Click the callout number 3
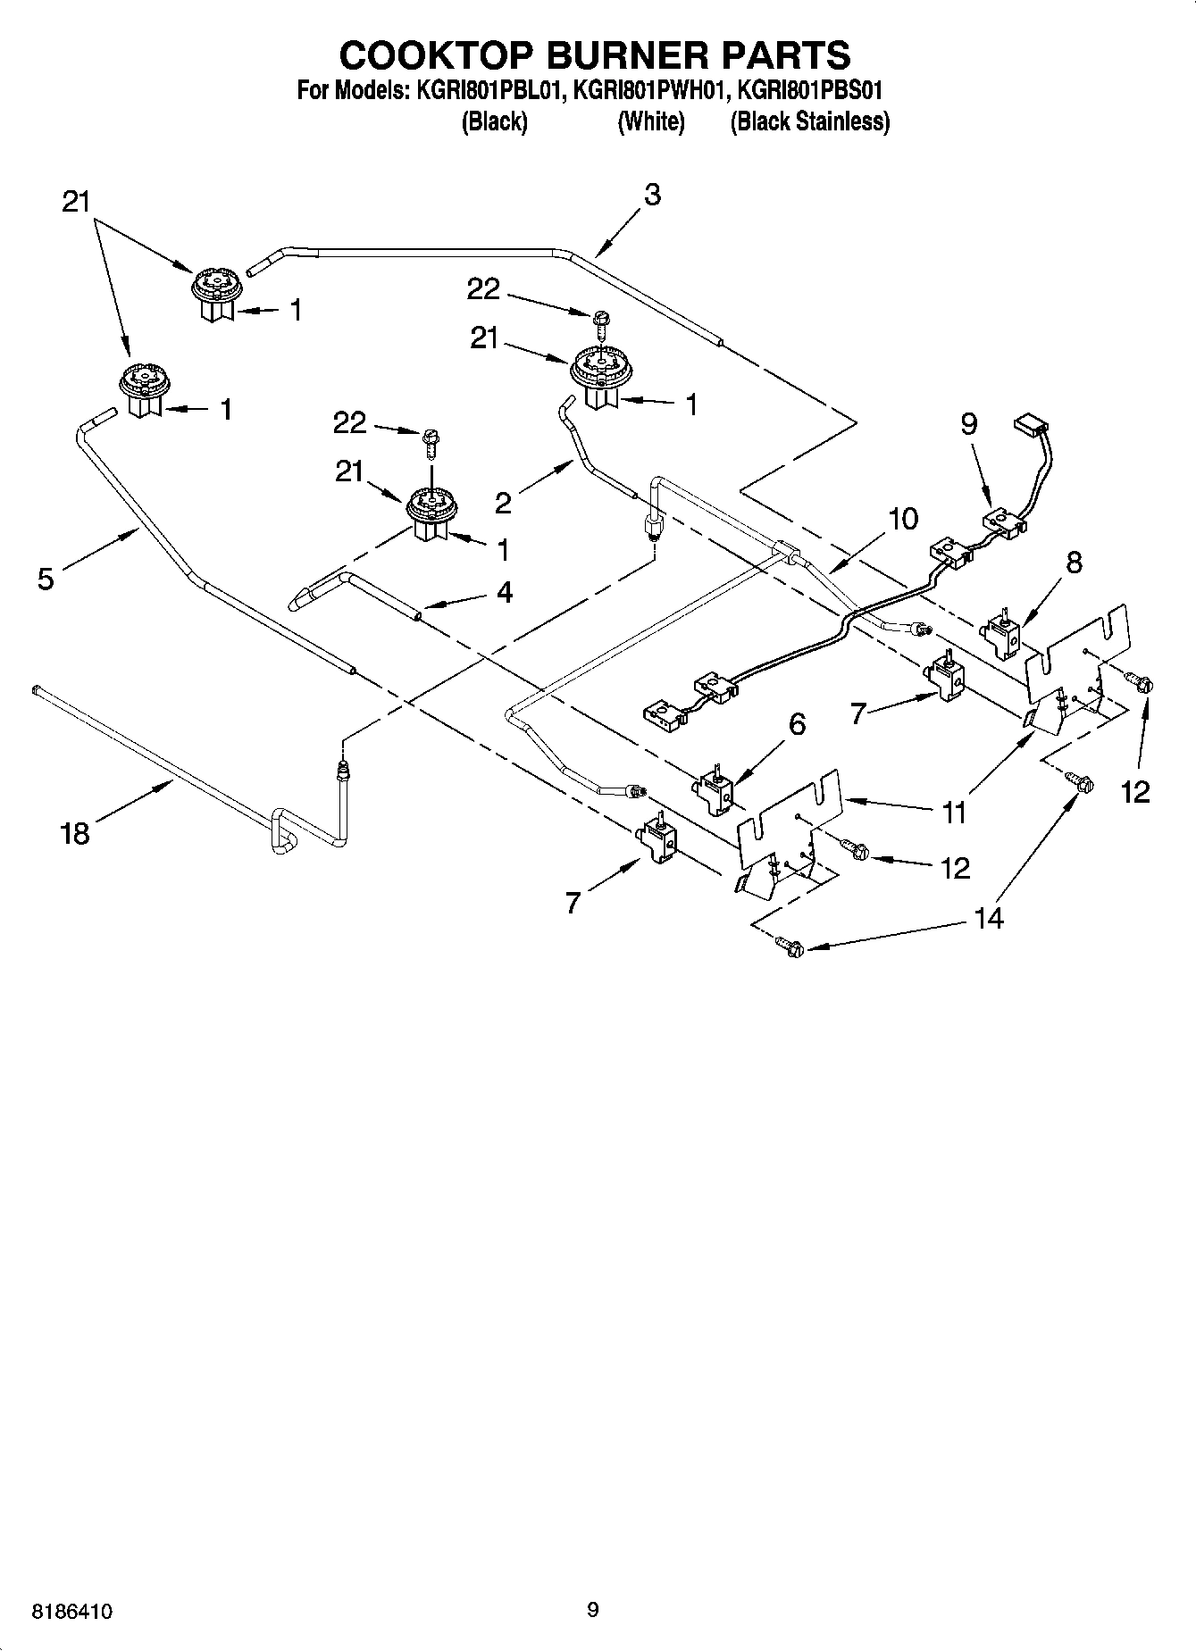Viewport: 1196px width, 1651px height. click(653, 196)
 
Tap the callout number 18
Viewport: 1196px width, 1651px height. click(75, 834)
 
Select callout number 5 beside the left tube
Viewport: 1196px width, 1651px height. click(46, 579)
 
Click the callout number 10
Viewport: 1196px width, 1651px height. click(903, 519)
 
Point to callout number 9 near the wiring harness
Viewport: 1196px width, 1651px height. click(969, 423)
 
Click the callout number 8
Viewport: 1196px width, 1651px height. click(1074, 562)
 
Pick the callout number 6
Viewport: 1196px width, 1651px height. click(796, 724)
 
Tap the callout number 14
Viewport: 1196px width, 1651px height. click(990, 917)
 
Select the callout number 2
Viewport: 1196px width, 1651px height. click(504, 504)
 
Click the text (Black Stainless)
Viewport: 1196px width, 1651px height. click(809, 121)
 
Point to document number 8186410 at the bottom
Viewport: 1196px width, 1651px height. click(71, 1612)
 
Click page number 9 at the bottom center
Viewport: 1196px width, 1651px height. click(592, 1610)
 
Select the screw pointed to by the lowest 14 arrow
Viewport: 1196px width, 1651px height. click(789, 944)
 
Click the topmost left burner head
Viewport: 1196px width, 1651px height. click(215, 284)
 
